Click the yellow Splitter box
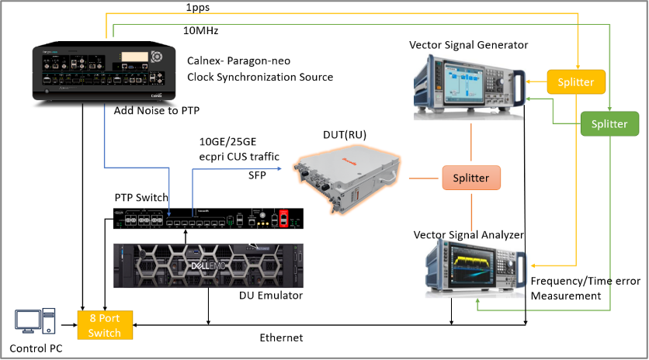coord(576,82)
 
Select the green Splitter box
coord(609,123)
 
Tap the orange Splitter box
coord(471,178)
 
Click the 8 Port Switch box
coord(105,325)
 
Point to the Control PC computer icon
coord(35,320)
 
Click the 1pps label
coord(197,8)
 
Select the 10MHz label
coord(201,30)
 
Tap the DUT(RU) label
coord(345,135)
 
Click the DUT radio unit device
coord(348,182)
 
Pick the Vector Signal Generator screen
coord(463,83)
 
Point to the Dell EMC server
coord(209,265)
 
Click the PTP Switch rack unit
coord(209,219)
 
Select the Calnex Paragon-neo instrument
coord(104,71)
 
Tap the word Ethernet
coord(282,338)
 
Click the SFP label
coord(257,175)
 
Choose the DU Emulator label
coord(271,296)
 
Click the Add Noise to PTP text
coord(157,110)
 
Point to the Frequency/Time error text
coord(585,281)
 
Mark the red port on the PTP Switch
coord(283,218)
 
